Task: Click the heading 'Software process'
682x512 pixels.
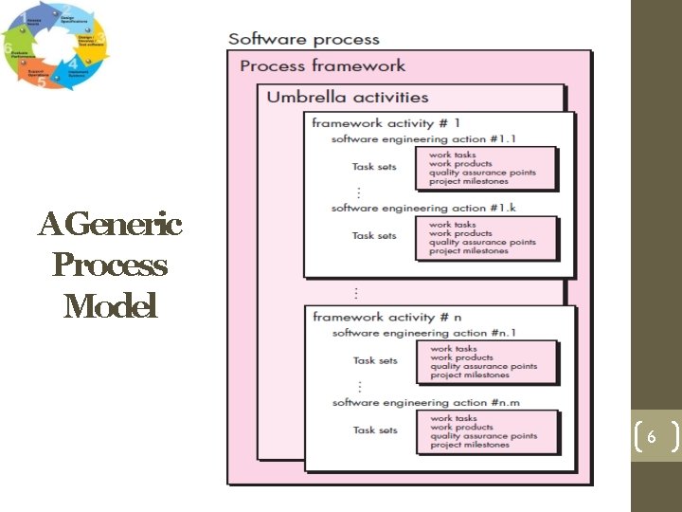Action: tap(303, 39)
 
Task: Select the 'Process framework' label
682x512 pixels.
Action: tap(322, 65)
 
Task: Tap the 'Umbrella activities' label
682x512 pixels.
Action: tap(347, 96)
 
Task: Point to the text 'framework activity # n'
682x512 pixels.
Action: tap(386, 317)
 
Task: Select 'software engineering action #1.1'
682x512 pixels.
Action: tap(423, 138)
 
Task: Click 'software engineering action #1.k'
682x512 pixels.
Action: tap(423, 208)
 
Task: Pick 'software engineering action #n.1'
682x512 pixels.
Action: tap(424, 333)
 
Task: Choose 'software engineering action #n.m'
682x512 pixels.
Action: tap(425, 403)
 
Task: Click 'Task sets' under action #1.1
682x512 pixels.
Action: tap(374, 167)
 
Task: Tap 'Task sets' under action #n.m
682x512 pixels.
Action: tap(375, 430)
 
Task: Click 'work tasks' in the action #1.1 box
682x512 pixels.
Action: tap(452, 155)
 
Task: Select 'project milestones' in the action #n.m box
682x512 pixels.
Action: tap(470, 445)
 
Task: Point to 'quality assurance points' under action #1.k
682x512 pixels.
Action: tap(482, 242)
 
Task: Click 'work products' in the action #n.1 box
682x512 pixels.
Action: tap(461, 357)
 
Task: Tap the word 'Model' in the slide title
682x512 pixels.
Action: tap(110, 306)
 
